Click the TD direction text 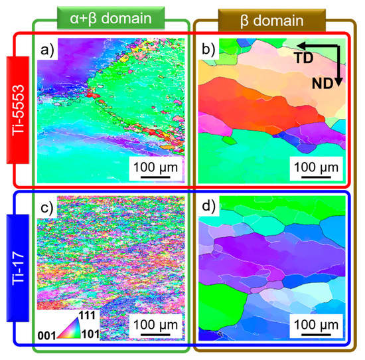click(307, 57)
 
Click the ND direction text click(325, 82)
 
